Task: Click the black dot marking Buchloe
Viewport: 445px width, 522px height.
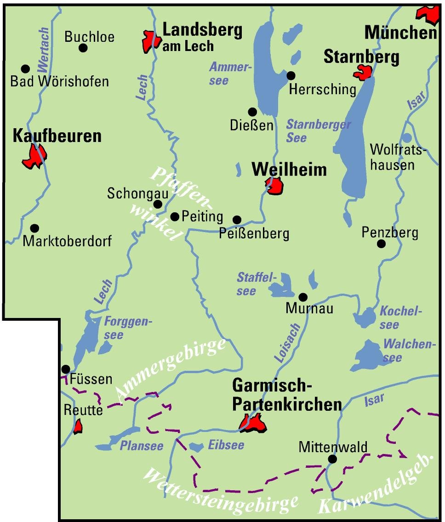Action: coord(83,48)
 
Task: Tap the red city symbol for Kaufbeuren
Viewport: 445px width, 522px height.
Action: coord(34,156)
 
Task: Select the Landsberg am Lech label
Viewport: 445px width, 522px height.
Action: coord(202,37)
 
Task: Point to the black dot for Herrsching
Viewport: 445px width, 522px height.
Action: coord(291,75)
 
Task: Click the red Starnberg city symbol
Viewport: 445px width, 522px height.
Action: coord(363,72)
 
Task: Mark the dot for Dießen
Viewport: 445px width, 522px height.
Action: coord(252,112)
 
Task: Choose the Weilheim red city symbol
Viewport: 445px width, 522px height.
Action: coord(275,186)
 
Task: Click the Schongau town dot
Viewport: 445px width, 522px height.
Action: coord(158,204)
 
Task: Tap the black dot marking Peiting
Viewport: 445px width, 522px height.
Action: coord(175,216)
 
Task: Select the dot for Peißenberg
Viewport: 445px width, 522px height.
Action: coord(237,220)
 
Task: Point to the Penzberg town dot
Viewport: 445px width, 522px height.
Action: coord(381,244)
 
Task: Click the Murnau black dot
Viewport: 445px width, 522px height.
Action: coord(303,297)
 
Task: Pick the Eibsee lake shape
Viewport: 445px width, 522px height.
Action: coord(196,446)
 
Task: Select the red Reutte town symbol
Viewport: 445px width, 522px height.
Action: coord(78,426)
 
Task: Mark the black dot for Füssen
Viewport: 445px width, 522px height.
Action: coord(66,369)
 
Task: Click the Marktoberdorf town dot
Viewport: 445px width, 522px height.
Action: coord(34,228)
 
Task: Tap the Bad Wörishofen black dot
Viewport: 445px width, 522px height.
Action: coord(26,68)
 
